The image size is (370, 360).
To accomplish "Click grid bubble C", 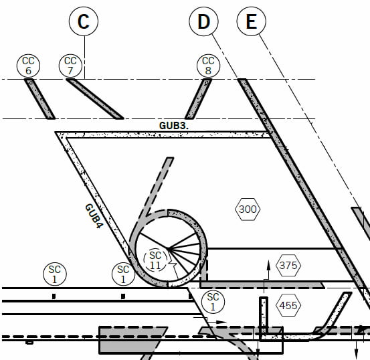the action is coord(84,21).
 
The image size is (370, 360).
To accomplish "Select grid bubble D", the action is coord(203,21).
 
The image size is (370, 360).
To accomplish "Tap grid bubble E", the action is coord(252,21).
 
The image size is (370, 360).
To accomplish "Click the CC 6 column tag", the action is coord(28,66).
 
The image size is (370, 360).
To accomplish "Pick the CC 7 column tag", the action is coord(70,66).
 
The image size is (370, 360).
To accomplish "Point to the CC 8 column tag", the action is coord(208,66).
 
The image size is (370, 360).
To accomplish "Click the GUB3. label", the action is coord(174,126).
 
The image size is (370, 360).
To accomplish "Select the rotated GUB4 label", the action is coord(94,216).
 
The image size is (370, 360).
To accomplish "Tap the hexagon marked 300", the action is coord(248,209).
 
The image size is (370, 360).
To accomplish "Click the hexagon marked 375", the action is coord(288,266).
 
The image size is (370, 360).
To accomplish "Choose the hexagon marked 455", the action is coord(288,306).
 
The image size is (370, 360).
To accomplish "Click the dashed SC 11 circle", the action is coord(155,260).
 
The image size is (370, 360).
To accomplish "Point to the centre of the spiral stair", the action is coord(168,248).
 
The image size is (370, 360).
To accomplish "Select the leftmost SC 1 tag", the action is coord(55,274).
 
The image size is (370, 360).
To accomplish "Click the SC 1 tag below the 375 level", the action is coord(213,302).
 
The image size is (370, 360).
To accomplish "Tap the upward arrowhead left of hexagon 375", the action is coord(268,265).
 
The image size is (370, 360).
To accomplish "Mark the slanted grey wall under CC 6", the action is coord(40,99).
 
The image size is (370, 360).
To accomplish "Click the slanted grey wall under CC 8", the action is coord(198,99).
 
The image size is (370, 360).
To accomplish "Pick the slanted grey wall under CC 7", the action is coord(94,99).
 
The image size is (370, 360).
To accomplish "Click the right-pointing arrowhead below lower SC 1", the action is coord(221,322).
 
